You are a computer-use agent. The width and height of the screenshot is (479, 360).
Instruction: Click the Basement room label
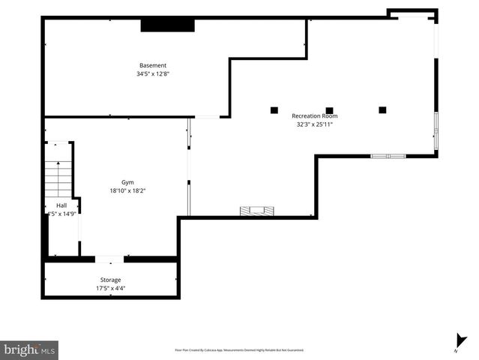pos(152,65)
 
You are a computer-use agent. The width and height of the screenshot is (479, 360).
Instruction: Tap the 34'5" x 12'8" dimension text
pos(152,74)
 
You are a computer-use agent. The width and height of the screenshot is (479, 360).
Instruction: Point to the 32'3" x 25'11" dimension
pos(314,124)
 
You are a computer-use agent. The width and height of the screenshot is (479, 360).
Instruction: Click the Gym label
pos(128,182)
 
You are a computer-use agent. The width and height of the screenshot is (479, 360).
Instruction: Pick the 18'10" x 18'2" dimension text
pos(127,190)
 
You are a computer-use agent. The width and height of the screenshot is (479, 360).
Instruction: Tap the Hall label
pos(61,205)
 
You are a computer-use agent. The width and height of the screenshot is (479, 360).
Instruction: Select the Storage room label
pos(110,280)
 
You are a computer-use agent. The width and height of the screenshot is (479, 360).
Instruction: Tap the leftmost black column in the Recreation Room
pos(274,110)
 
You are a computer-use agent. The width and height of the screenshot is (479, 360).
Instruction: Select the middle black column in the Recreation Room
pos(329,110)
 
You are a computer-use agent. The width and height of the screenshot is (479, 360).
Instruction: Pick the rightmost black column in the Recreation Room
pos(382,110)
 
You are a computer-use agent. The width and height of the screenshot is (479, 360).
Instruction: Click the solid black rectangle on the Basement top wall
pos(168,25)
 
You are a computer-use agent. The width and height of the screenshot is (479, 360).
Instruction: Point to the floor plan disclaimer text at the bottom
pos(239,349)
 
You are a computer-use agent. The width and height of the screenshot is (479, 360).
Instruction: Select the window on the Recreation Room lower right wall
pos(388,156)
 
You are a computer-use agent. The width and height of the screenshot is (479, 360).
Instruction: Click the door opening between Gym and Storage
pos(109,259)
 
